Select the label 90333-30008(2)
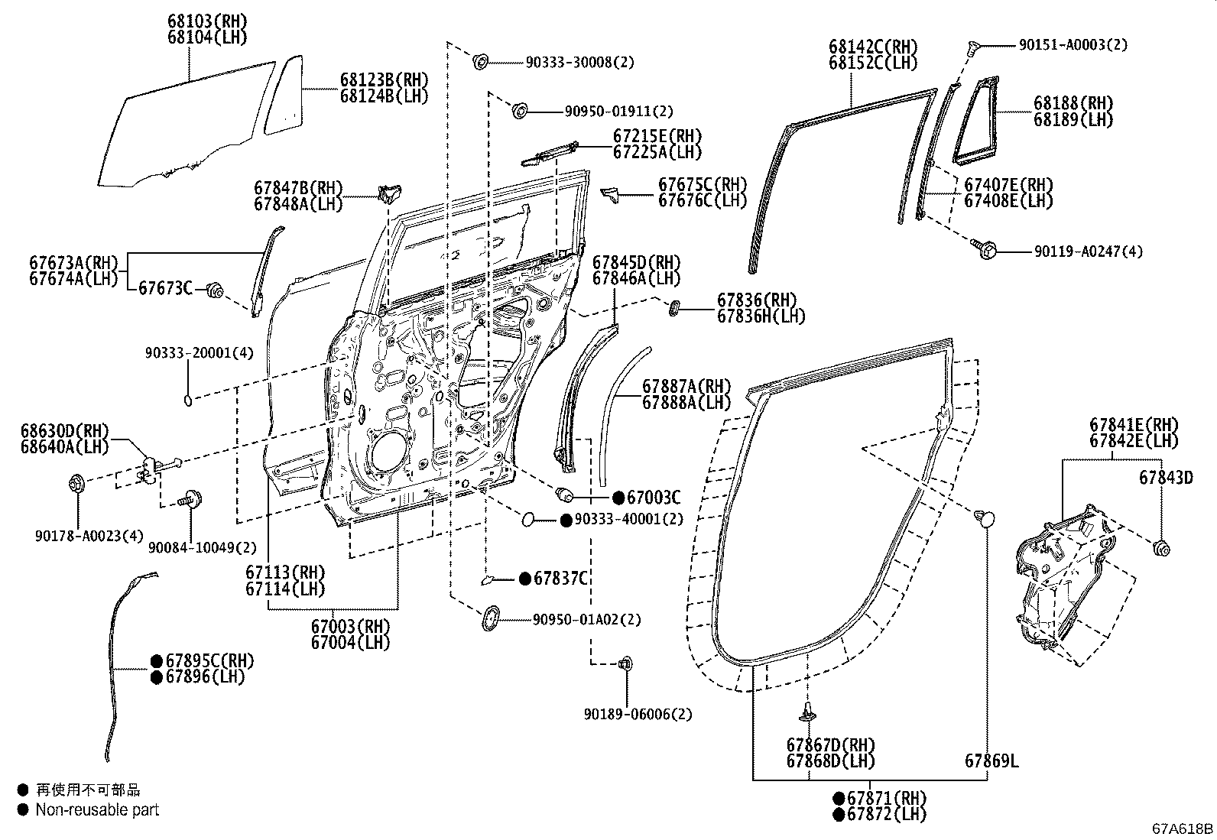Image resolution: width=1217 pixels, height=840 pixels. click(579, 63)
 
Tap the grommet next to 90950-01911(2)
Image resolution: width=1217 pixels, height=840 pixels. click(519, 112)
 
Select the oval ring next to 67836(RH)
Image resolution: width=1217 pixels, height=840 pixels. click(676, 310)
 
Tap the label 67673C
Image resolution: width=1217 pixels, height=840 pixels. click(165, 288)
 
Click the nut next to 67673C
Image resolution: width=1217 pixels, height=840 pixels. click(215, 290)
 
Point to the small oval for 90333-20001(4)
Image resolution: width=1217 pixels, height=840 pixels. click(189, 398)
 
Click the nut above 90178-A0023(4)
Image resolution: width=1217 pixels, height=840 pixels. click(76, 483)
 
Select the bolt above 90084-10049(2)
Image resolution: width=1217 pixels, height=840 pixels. click(189, 501)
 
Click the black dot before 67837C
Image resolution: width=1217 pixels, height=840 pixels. click(524, 579)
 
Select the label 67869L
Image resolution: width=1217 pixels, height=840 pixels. click(991, 761)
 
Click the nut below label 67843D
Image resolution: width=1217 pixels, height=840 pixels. click(1160, 547)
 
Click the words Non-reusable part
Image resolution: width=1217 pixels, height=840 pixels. click(97, 810)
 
